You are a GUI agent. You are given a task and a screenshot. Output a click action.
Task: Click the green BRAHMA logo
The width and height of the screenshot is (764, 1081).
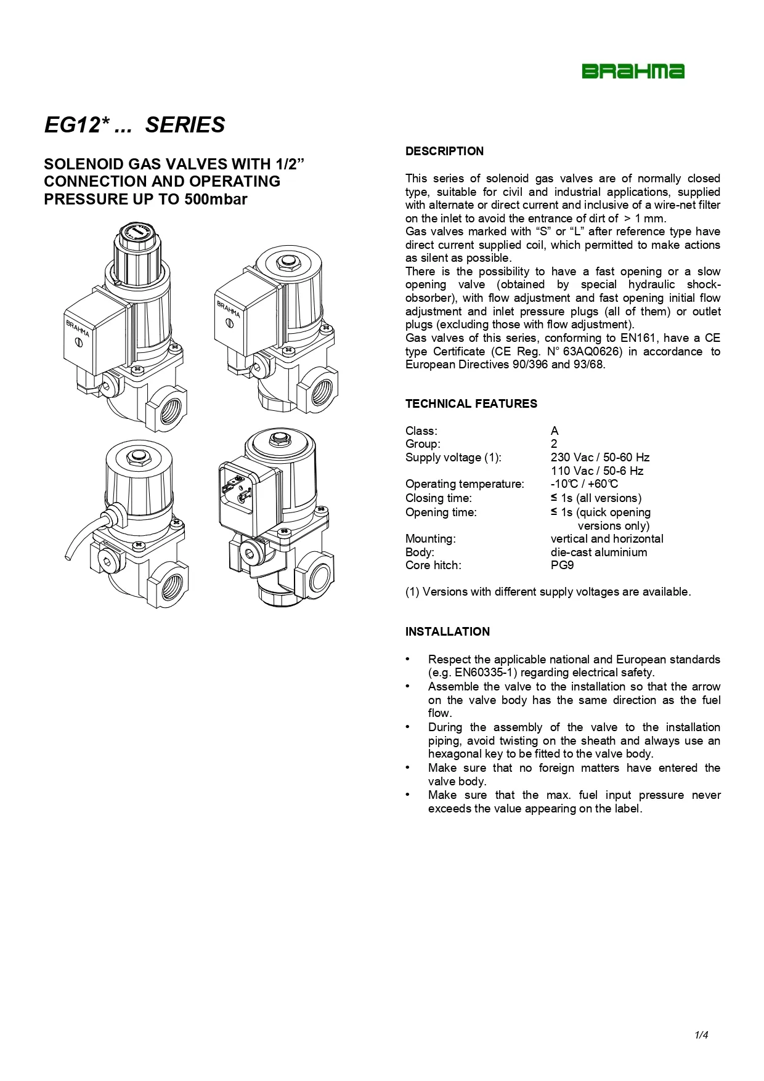click(x=633, y=71)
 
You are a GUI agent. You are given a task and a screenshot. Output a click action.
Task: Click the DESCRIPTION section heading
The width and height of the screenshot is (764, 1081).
click(x=444, y=152)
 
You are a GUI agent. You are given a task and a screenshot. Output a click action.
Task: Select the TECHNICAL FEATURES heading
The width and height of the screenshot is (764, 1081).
click(x=471, y=404)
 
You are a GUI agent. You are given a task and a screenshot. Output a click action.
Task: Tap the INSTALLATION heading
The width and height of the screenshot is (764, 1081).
click(x=447, y=632)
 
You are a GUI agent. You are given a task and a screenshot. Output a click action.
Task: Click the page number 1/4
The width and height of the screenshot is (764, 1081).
click(x=701, y=1035)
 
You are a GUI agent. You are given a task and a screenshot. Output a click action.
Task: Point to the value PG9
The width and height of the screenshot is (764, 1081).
click(x=562, y=565)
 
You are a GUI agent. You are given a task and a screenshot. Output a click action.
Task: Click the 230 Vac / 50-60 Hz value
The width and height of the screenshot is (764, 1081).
click(x=600, y=458)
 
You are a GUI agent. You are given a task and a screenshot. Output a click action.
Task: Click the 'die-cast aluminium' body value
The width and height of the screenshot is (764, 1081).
click(x=599, y=553)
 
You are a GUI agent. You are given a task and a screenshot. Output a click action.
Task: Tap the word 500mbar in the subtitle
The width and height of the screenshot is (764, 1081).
click(x=216, y=200)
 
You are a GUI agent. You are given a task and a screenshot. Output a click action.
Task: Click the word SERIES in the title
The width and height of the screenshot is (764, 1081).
click(x=185, y=125)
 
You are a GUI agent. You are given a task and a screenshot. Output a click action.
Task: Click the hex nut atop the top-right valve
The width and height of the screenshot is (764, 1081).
click(x=285, y=264)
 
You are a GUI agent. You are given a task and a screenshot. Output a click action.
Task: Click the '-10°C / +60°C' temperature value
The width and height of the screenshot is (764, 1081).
click(x=584, y=484)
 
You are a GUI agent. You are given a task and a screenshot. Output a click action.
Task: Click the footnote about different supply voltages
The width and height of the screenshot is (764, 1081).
click(x=548, y=592)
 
